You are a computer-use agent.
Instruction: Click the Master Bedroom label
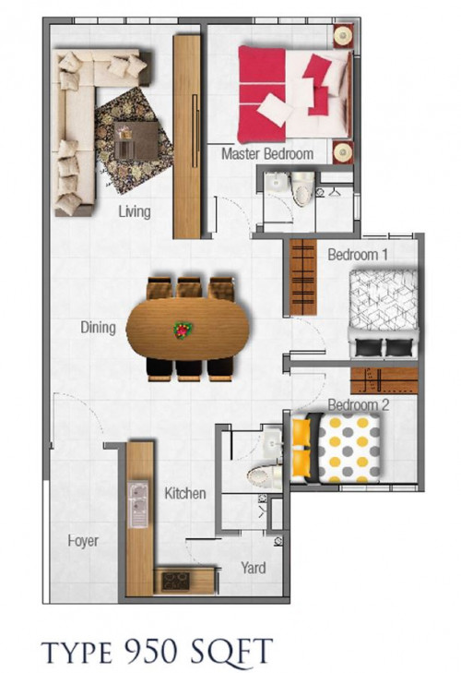tap(267, 153)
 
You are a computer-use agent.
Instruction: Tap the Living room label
tap(135, 211)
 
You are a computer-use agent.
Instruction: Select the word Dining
tap(99, 328)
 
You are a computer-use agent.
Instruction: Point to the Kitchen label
tap(185, 493)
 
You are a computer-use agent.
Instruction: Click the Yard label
tap(253, 568)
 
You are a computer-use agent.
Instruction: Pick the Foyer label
tap(83, 541)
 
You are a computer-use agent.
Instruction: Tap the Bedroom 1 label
tap(358, 254)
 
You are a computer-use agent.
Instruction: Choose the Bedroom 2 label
tap(358, 404)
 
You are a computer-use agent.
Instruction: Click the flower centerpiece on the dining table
tap(183, 330)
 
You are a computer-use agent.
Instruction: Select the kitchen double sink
tap(137, 504)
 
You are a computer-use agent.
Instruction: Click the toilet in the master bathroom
tap(302, 189)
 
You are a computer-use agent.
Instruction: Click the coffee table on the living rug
tap(136, 140)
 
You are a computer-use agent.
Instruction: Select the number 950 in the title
tap(150, 650)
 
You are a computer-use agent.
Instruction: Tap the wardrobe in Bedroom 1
tap(303, 277)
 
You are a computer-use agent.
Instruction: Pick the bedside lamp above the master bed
tap(344, 36)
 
